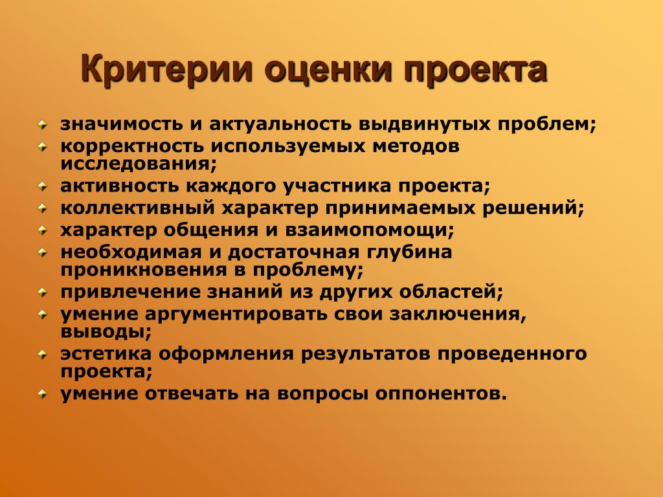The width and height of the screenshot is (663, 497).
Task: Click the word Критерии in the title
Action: pos(166,69)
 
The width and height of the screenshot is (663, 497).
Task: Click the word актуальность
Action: pos(280,124)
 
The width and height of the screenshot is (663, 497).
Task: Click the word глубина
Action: pos(409,252)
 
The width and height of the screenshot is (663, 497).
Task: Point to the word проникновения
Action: pos(144,271)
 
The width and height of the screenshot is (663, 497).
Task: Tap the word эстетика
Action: pos(106,354)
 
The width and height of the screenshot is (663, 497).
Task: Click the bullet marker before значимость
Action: pos(42,125)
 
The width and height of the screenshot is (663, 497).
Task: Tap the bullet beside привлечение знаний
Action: pos(42,293)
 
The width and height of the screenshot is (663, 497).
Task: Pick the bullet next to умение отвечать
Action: pos(42,394)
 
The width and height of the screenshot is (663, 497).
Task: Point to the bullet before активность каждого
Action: pos(42,186)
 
